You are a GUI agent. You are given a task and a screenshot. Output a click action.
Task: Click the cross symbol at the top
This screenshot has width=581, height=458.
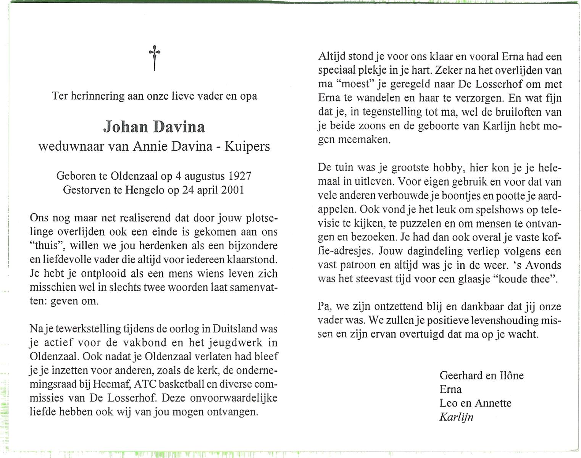pos(154,57)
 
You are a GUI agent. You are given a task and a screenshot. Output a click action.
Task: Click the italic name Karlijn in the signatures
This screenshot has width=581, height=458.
pos(456,417)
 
